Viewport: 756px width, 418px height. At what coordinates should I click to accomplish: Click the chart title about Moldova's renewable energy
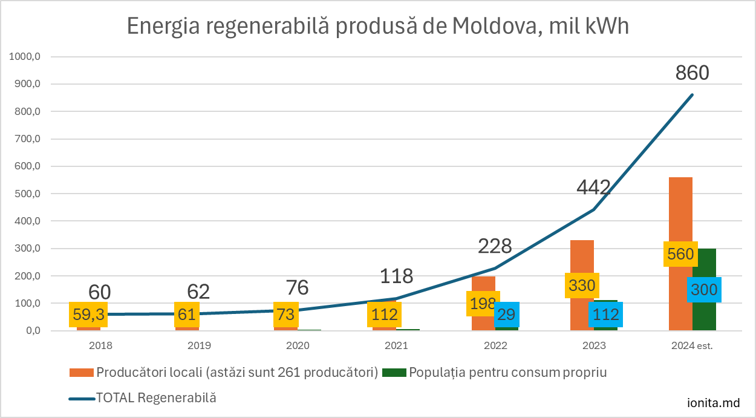[378, 27]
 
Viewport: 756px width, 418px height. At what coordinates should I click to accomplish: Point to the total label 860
[692, 73]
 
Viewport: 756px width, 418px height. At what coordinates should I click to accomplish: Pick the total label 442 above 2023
[593, 188]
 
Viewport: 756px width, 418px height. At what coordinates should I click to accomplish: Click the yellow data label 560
[680, 255]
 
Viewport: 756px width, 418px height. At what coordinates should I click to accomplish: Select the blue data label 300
[704, 290]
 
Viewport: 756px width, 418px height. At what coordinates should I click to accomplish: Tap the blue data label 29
[507, 315]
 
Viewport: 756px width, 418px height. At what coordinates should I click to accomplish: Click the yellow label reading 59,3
[88, 315]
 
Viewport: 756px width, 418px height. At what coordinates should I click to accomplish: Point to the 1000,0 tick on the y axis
[25, 57]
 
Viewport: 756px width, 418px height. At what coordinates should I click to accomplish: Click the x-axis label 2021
[396, 346]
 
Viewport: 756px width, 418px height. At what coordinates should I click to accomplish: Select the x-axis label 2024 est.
[692, 346]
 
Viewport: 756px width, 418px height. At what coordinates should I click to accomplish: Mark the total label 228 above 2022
[495, 246]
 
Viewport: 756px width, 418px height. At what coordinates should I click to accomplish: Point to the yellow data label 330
[582, 286]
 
